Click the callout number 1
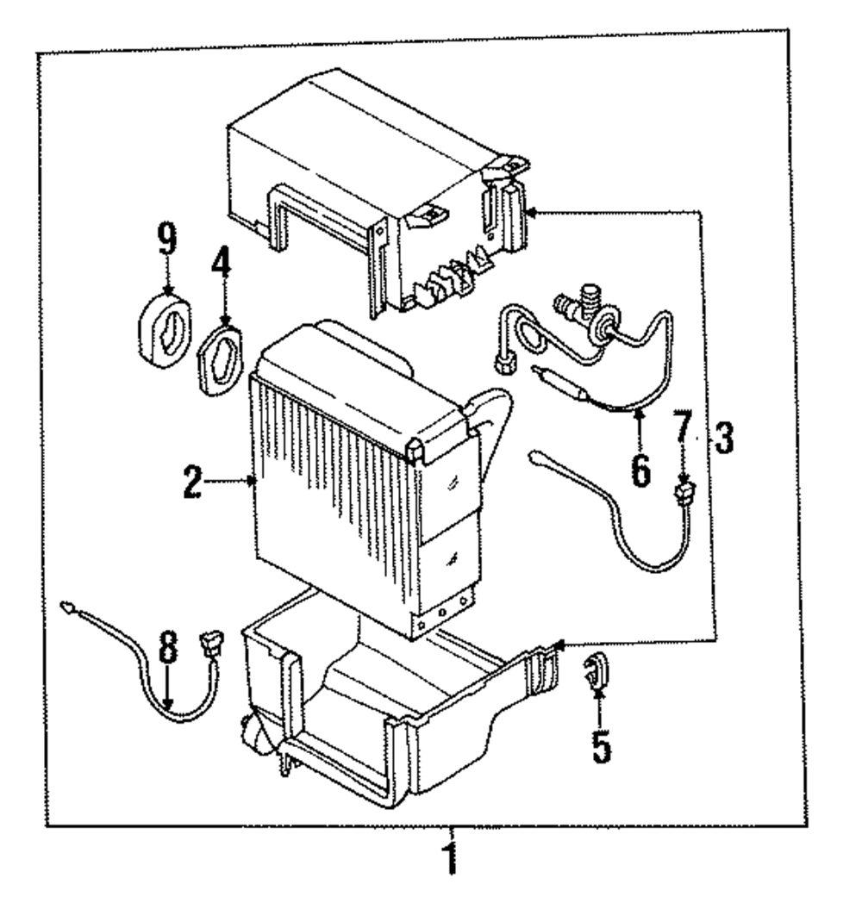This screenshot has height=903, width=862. pyautogui.click(x=448, y=859)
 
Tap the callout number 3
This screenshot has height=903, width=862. pyautogui.click(x=722, y=440)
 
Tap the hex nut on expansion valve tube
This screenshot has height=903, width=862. pyautogui.click(x=502, y=366)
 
